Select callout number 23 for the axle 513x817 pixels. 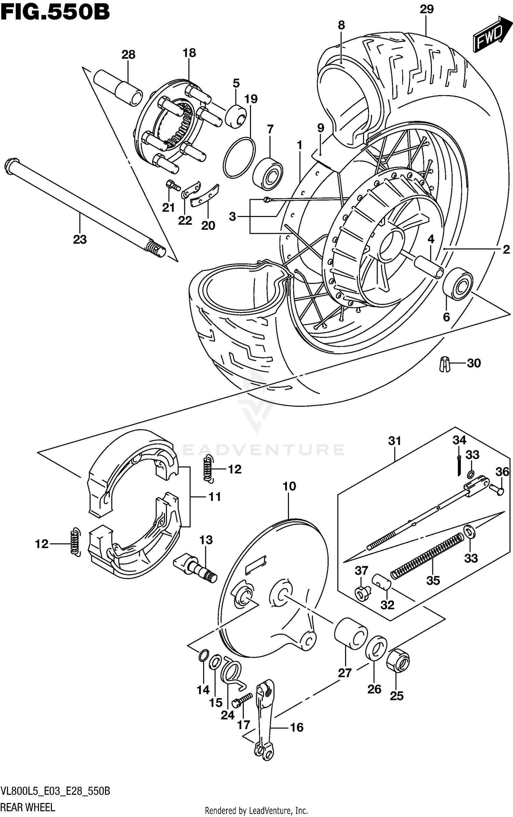[x=80, y=240]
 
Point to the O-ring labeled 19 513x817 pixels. [x=239, y=158]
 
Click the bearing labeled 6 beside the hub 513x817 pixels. [x=458, y=283]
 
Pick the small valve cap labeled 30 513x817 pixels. [x=444, y=364]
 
